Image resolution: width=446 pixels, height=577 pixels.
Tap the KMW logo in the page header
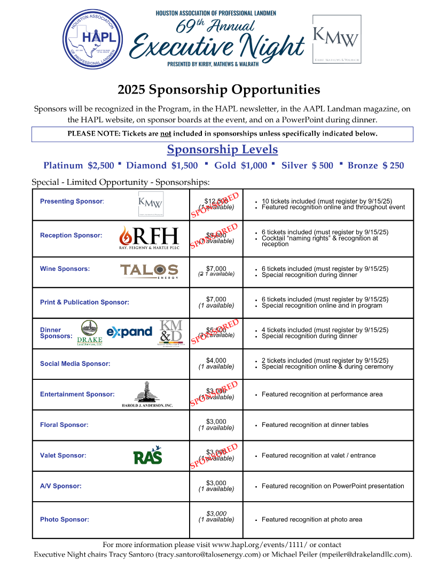[x=336, y=40]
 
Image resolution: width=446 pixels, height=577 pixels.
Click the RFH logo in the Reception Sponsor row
[x=149, y=238]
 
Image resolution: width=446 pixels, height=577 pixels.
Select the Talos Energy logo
[x=149, y=271]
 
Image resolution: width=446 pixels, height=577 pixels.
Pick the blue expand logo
[x=129, y=332]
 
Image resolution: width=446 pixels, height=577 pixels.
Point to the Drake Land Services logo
[x=89, y=333]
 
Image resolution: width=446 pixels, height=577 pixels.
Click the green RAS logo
[x=147, y=455]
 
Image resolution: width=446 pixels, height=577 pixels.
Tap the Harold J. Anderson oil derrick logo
[x=147, y=395]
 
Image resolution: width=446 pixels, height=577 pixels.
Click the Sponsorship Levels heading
[x=222, y=149]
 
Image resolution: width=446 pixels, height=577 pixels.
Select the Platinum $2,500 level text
[x=79, y=166]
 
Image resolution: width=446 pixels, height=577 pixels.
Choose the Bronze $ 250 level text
[x=375, y=166]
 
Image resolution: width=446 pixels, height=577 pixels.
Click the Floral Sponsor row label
[x=64, y=425]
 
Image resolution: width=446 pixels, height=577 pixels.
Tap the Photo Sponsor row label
[x=65, y=519]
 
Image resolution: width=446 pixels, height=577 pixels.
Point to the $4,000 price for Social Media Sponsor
[x=216, y=361]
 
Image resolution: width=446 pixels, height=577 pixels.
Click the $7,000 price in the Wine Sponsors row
[x=216, y=269]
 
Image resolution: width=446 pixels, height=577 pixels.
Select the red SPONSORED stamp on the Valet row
[x=214, y=456]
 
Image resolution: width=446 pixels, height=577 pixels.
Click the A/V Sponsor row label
[x=61, y=486]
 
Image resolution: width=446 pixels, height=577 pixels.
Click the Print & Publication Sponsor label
[x=84, y=302]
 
